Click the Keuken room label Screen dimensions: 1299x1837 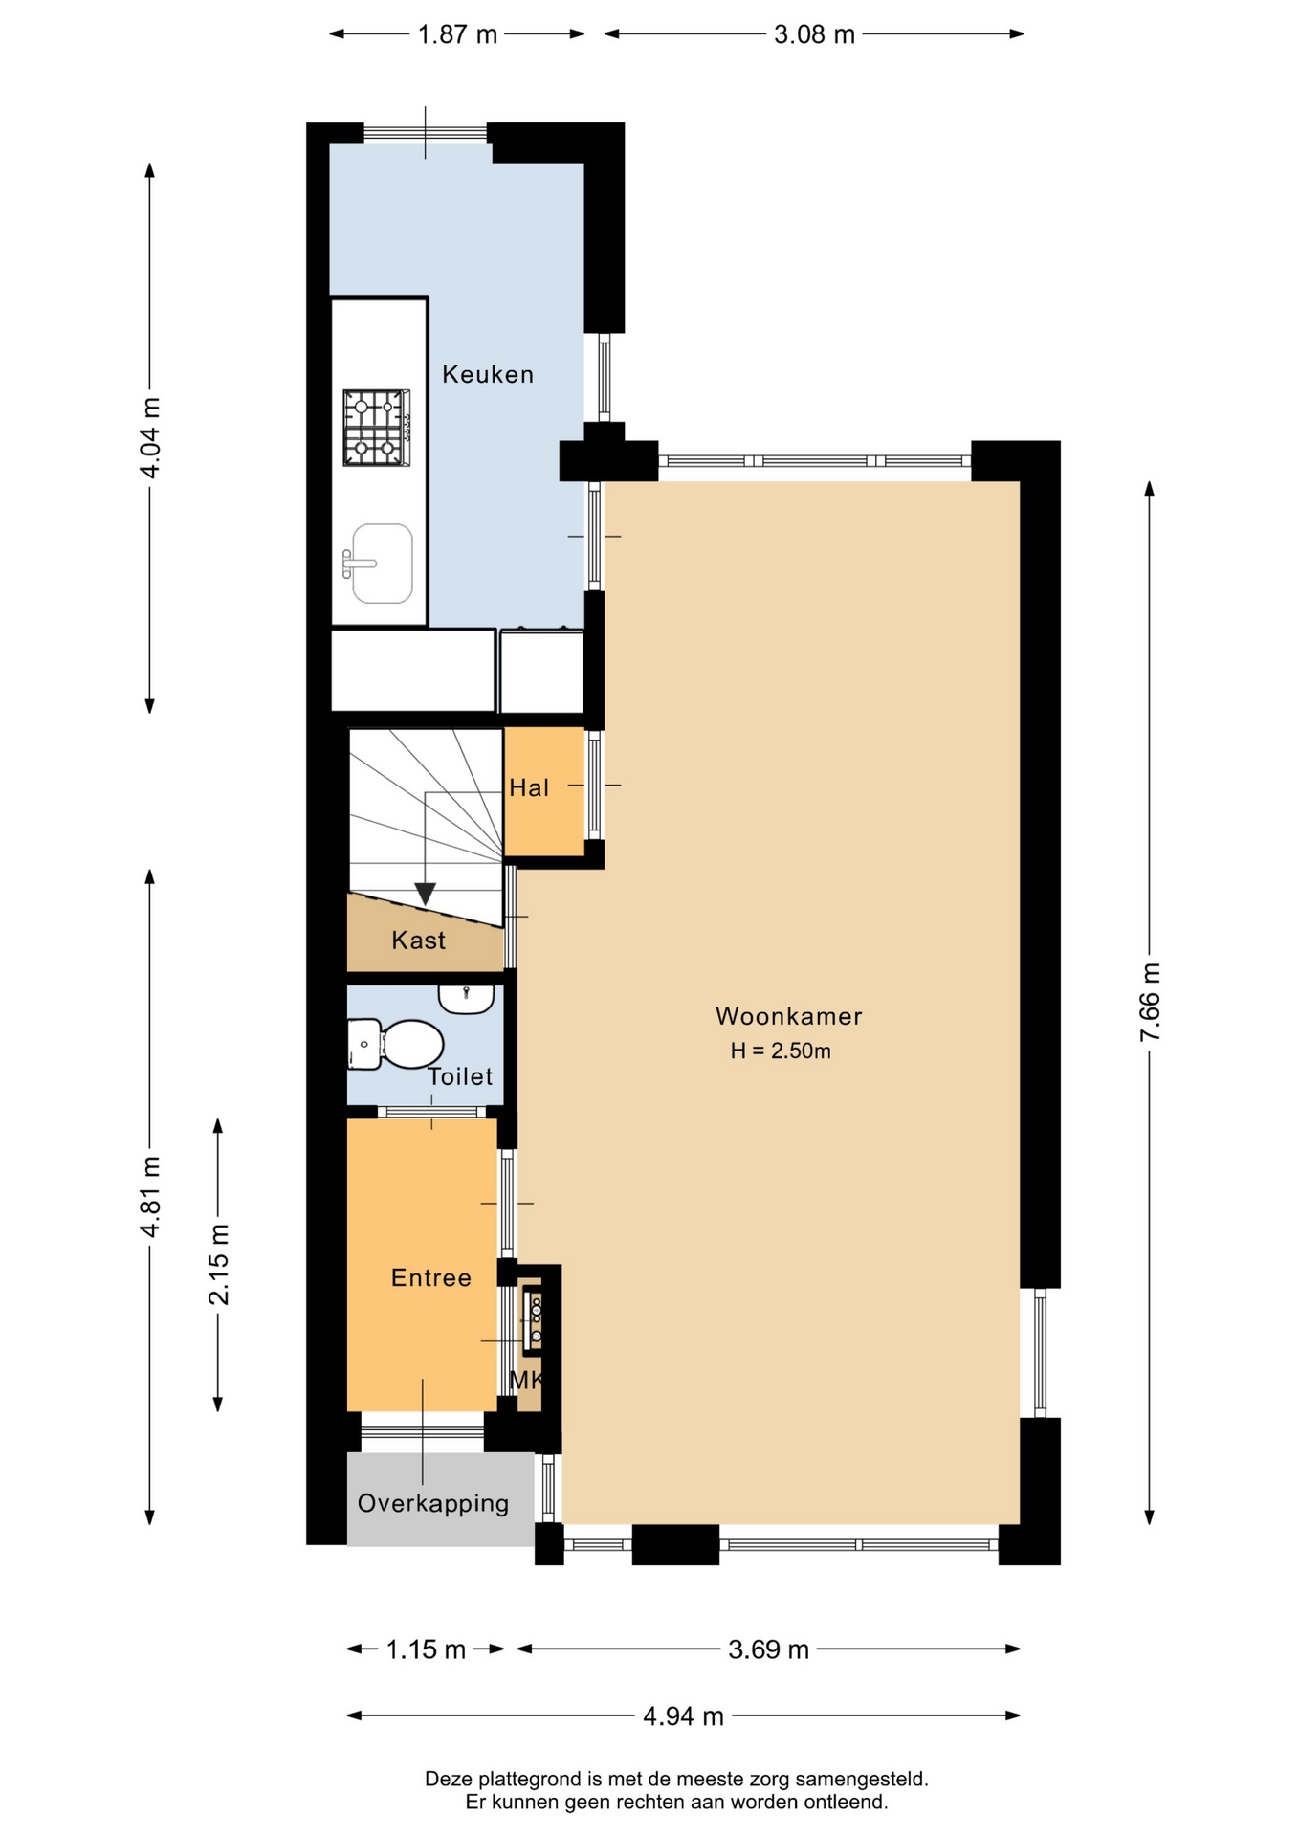(488, 374)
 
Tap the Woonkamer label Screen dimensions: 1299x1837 (789, 1016)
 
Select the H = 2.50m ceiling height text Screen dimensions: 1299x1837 (781, 1051)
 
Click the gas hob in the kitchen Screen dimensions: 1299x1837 (377, 428)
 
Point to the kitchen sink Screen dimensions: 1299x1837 (379, 564)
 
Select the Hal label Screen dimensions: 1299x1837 (529, 787)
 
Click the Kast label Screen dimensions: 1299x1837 (419, 941)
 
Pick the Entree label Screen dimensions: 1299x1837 (431, 1278)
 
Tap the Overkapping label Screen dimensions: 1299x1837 (433, 1503)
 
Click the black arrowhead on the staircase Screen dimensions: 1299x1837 (426, 894)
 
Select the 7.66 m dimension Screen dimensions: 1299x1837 (1150, 1003)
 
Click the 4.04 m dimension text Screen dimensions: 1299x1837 (150, 437)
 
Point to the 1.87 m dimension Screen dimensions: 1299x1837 (458, 34)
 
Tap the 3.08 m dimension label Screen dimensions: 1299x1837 (814, 34)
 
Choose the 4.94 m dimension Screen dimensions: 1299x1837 (683, 1716)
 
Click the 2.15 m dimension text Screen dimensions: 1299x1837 (218, 1264)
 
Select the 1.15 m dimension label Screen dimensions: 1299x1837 (426, 1649)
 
